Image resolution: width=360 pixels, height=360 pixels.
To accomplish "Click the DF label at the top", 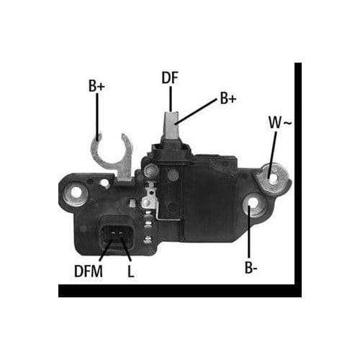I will [171, 78].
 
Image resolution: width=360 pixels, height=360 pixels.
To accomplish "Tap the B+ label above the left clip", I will [96, 86].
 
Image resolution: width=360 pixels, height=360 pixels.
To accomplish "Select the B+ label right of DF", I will [228, 99].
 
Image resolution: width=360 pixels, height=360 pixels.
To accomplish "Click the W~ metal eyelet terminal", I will [272, 175].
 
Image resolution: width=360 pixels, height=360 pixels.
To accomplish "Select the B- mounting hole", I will [251, 210].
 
